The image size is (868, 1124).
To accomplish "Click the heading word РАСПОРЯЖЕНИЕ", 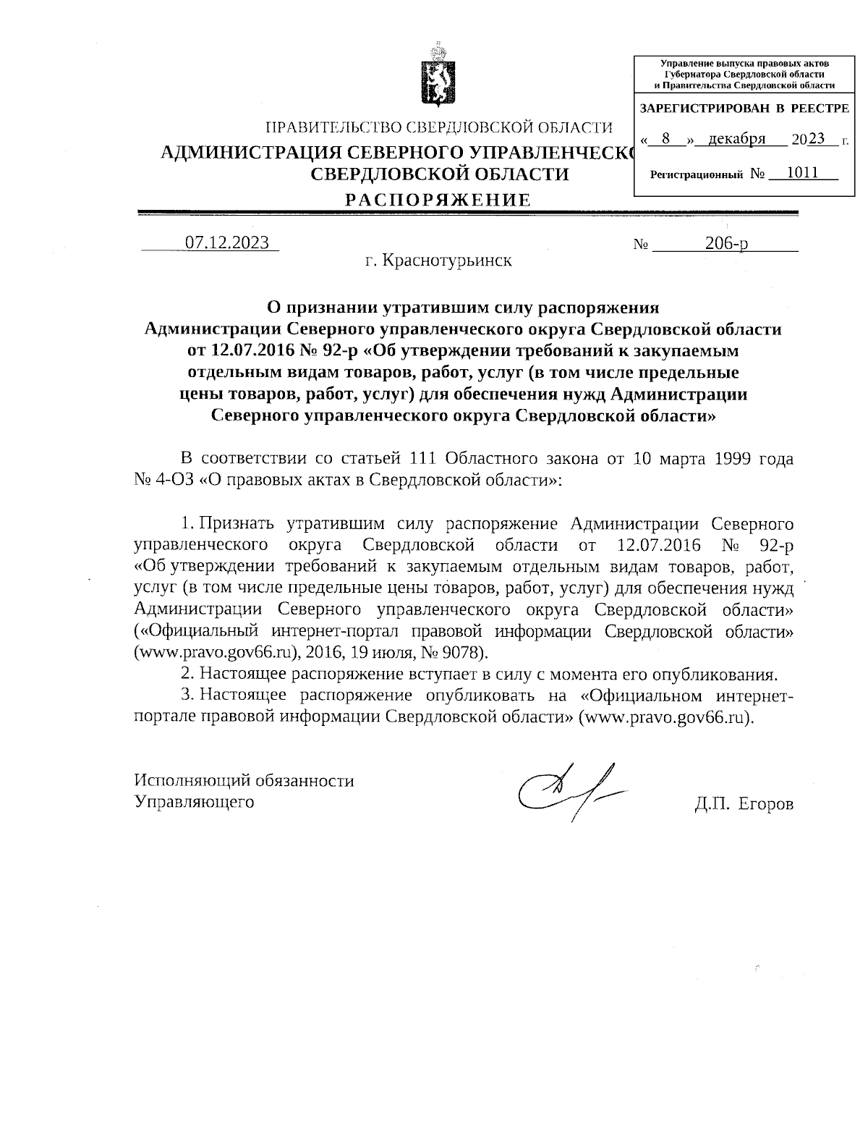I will [x=437, y=200].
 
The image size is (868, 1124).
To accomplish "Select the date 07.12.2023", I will [x=227, y=242].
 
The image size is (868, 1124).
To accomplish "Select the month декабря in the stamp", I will [x=736, y=139].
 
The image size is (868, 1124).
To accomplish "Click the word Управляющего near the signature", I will [x=195, y=801].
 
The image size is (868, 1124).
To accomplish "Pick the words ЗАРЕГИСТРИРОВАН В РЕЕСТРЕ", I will [x=744, y=109].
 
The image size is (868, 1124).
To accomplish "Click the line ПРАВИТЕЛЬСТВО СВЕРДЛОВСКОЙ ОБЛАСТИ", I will [x=439, y=128].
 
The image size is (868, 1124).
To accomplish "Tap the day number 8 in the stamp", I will [x=666, y=139].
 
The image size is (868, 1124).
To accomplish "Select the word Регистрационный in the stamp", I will [x=697, y=174].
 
